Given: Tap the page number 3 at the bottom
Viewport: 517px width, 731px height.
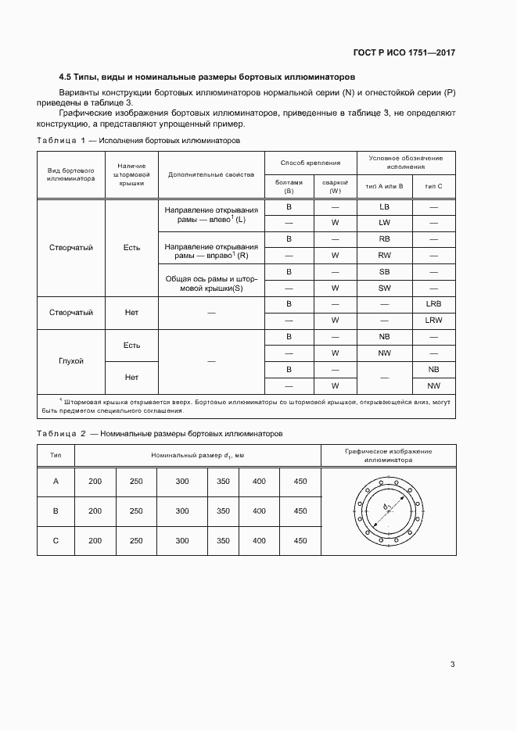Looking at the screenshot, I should pos(452,665).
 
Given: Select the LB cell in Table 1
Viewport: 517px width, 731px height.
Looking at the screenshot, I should pos(384,207).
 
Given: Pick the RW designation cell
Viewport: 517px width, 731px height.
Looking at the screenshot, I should pos(384,255).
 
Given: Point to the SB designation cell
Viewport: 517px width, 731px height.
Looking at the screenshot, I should pos(384,271).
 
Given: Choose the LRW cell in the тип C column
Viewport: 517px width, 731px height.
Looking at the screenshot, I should pos(433,320).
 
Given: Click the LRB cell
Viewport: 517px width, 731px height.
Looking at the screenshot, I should pos(433,303).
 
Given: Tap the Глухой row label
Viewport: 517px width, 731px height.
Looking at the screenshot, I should pos(71,361).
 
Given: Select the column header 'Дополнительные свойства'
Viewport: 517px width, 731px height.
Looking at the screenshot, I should pos(211,174).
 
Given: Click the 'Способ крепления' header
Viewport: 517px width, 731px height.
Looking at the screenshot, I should pos(311,163).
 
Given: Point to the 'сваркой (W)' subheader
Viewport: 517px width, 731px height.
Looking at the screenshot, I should pos(335,185).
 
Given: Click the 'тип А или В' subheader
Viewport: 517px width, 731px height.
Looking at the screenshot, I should pos(384,185).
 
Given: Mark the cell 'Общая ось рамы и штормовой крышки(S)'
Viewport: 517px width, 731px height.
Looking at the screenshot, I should pos(211,279).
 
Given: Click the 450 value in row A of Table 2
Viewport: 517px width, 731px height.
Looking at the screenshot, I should pos(300,482).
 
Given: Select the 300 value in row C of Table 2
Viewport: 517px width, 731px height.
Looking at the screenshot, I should pos(182,540).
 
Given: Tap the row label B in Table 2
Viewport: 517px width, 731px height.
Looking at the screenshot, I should pos(56,511).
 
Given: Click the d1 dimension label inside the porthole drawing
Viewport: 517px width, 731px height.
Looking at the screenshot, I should pos(386,508).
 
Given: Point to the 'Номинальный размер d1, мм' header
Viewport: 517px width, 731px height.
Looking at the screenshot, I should pos(197,455).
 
